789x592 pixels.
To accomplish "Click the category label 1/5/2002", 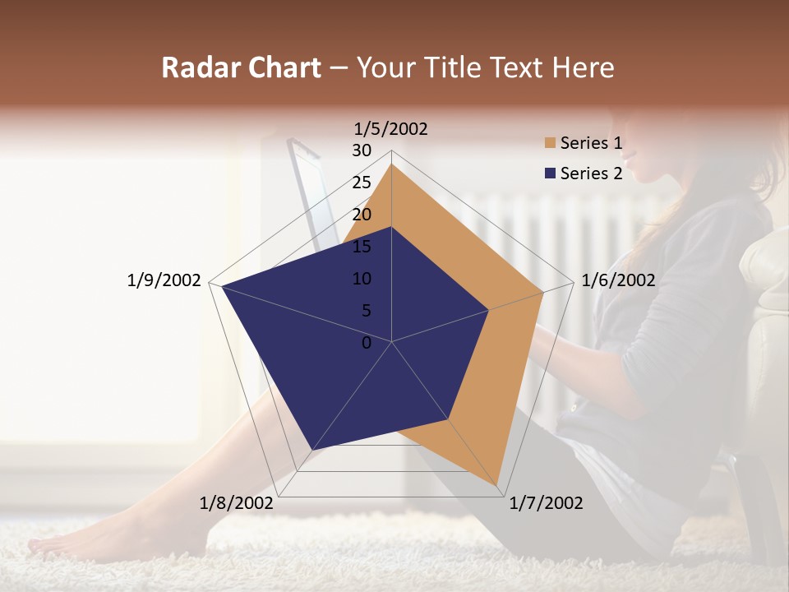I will pos(391,128).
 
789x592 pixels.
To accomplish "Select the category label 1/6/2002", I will pos(618,280).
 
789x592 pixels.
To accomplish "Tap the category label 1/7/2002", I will pos(547,503).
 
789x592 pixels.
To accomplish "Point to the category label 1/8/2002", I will pos(237,503).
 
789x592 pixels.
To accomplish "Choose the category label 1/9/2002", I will pos(164,280).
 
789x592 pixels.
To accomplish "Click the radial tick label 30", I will pos(362,150).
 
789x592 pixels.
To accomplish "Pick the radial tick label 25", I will pos(362,183).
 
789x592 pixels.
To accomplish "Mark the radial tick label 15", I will pos(362,247).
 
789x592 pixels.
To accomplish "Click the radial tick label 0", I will pos(367,343).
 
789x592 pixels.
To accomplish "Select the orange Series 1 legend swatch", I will pos(550,144).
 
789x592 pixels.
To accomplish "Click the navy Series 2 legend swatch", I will pos(550,173).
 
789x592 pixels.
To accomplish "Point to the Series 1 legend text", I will pos(591,144).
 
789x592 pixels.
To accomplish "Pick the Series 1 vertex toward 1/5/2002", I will pos(391,164).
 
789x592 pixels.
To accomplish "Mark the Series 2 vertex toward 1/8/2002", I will pos(311,450).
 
